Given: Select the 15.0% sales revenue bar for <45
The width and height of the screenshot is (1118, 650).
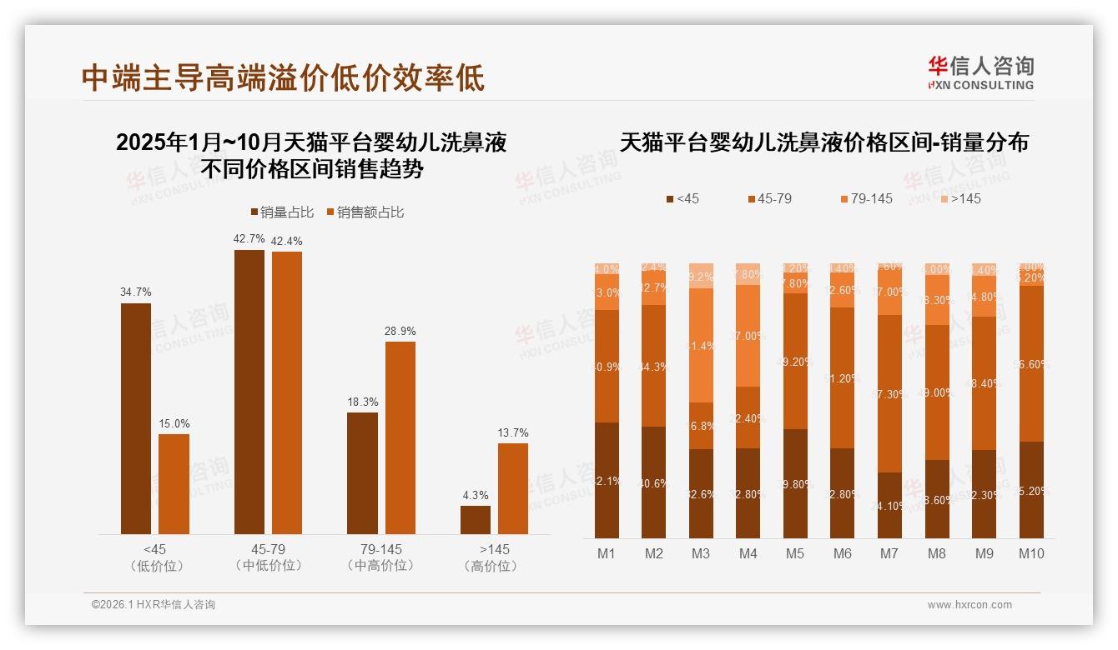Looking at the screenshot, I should [x=174, y=483].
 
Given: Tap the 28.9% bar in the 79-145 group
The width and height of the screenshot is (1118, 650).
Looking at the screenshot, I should [x=400, y=437].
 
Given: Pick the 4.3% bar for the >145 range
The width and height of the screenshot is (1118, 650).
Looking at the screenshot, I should [x=476, y=519].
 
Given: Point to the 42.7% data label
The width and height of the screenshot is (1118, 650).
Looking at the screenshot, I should [x=249, y=238].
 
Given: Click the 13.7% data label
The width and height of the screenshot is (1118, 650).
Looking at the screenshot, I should [x=513, y=432].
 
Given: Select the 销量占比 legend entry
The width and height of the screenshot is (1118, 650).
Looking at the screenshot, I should [x=282, y=212].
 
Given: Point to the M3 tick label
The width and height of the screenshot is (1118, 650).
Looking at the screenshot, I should [x=701, y=553].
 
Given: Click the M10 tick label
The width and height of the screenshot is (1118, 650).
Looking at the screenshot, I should [x=1031, y=553].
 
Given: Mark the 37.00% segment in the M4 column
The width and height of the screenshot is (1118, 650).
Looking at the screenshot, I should [x=748, y=336].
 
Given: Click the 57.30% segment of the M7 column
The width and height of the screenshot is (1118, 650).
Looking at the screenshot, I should [x=890, y=393].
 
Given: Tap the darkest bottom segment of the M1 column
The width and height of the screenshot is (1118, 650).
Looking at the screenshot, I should [x=607, y=480].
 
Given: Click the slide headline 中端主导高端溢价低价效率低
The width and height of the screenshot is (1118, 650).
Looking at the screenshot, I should [x=284, y=77].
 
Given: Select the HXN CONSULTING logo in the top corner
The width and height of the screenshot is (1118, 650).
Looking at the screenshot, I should [x=980, y=72].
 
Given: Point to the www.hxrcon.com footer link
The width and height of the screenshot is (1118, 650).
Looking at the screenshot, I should [x=969, y=605].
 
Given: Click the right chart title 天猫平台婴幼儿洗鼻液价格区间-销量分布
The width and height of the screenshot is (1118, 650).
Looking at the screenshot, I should [x=823, y=142].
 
